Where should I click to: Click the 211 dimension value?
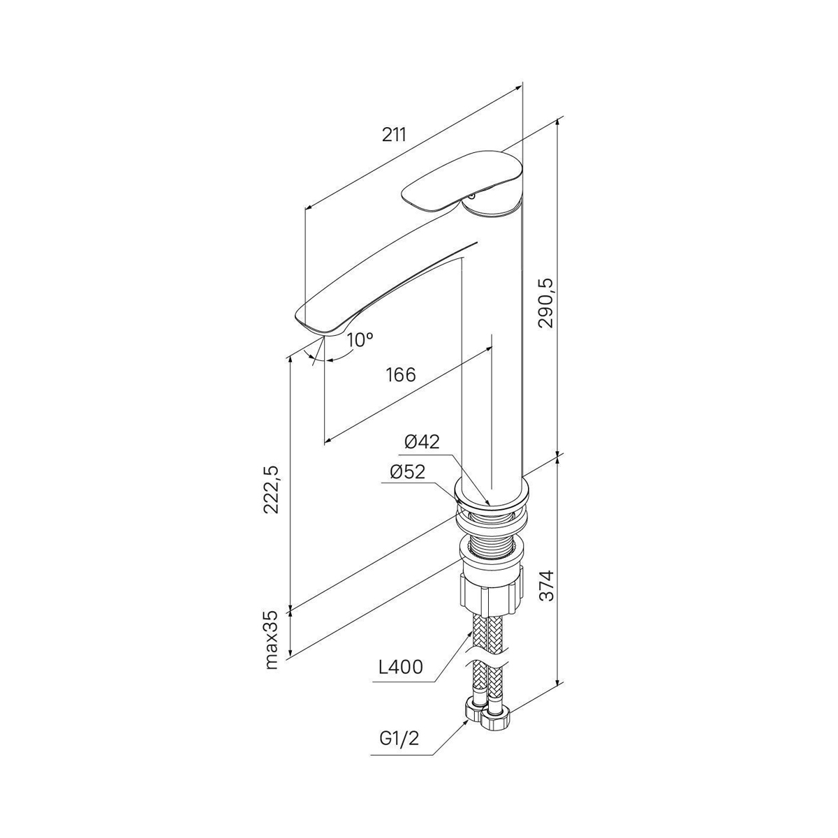coord(394,135)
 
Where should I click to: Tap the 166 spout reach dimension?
coord(402,374)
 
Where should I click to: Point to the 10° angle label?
coord(360,339)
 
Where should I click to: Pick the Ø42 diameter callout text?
coord(422,442)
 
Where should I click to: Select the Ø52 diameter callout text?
coord(407,472)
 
